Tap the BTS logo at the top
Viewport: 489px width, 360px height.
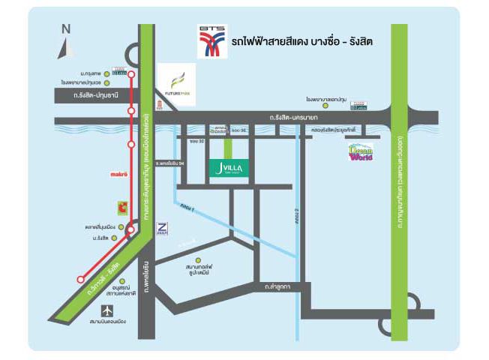point(211,42)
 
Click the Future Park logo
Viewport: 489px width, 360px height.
point(175,82)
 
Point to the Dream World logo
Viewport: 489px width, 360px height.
point(361,152)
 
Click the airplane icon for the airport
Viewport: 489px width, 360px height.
point(108,310)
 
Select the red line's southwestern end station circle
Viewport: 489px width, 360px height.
point(80,279)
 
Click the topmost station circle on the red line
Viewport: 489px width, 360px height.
point(131,74)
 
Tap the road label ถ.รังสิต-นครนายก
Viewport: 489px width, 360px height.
point(293,116)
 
